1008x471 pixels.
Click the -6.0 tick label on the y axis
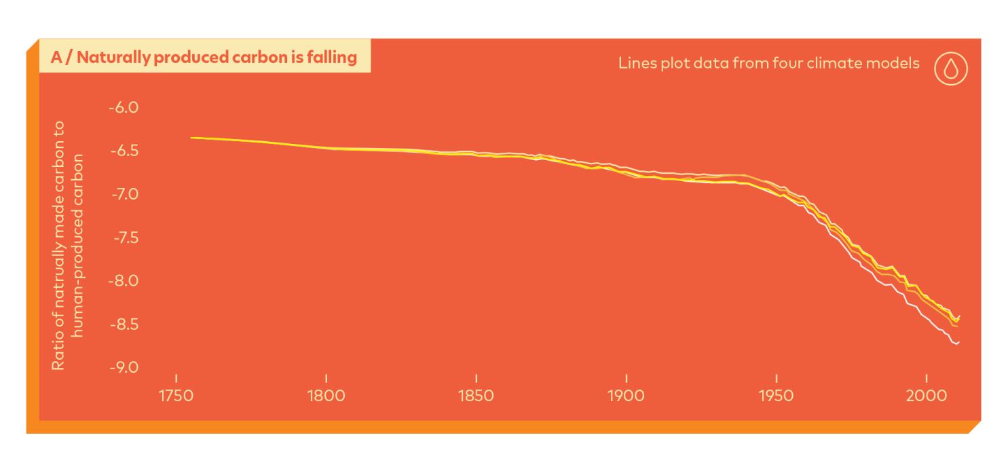pyautogui.click(x=124, y=107)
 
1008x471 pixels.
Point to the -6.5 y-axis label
pyautogui.click(x=124, y=151)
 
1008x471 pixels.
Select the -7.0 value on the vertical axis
pyautogui.click(x=124, y=194)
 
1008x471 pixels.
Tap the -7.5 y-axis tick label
pyautogui.click(x=124, y=238)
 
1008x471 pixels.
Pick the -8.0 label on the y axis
pyautogui.click(x=124, y=281)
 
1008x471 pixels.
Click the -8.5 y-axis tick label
pyautogui.click(x=124, y=324)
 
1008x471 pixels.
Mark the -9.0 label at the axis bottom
pyautogui.click(x=124, y=367)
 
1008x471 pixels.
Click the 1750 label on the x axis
pyautogui.click(x=176, y=396)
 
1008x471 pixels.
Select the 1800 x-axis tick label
pyautogui.click(x=326, y=396)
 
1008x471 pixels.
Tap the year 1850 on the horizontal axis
pyautogui.click(x=477, y=396)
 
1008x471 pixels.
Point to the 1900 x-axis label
pyautogui.click(x=627, y=396)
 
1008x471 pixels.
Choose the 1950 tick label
pyautogui.click(x=777, y=396)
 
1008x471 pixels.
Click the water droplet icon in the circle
pyautogui.click(x=950, y=69)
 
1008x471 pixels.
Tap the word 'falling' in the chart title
pyautogui.click(x=333, y=58)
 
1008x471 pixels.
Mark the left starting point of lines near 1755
pyautogui.click(x=191, y=138)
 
